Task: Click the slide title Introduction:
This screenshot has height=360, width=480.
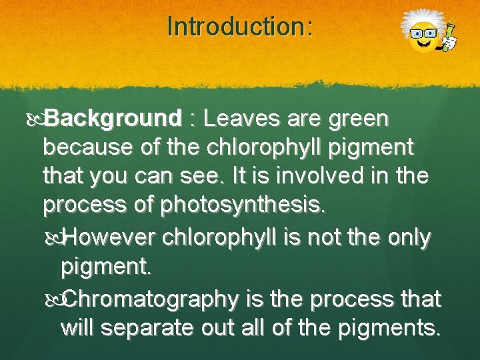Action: [239, 27]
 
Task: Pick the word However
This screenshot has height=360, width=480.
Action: [117, 237]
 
